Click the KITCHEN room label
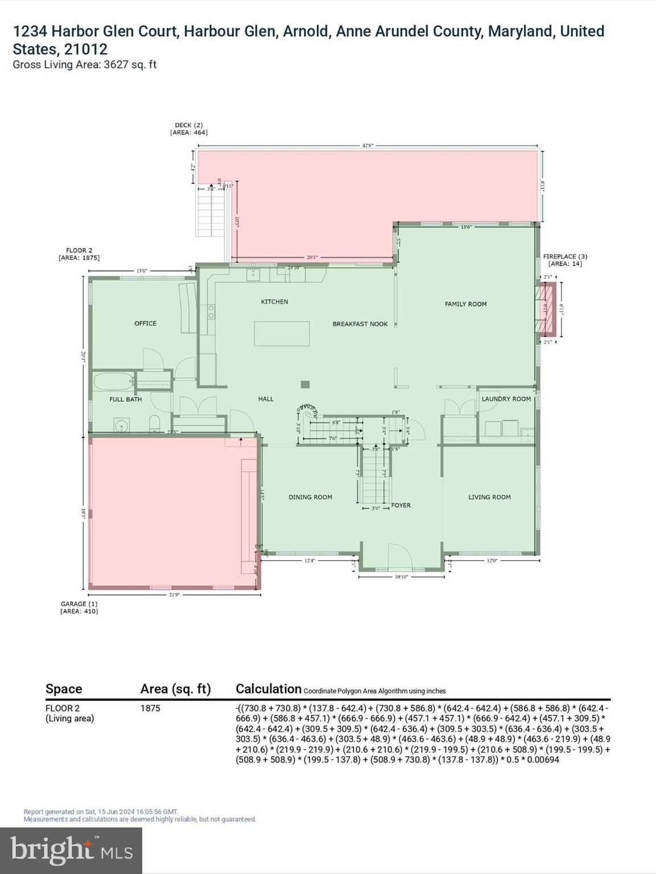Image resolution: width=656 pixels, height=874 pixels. [x=274, y=302]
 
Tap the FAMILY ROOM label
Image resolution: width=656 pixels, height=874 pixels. [x=465, y=304]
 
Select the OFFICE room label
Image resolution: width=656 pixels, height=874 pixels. [x=145, y=323]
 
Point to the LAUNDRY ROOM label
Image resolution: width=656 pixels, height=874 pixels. [x=506, y=399]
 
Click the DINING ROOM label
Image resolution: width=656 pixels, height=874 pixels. [x=310, y=497]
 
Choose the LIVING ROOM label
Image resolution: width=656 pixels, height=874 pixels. [x=489, y=497]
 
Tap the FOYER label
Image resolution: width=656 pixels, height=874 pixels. [x=401, y=505]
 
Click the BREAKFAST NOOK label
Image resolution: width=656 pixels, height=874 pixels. [x=360, y=324]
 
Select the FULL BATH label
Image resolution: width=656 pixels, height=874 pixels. [x=125, y=399]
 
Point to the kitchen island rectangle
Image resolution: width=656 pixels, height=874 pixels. [x=282, y=333]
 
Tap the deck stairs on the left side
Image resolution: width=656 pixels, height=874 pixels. [x=212, y=212]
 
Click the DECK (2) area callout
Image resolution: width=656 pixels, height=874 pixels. [x=188, y=129]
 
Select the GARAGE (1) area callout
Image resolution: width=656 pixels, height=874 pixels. [x=79, y=607]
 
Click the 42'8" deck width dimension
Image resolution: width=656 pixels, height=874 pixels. [x=368, y=146]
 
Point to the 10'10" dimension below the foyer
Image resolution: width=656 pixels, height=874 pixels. [x=401, y=577]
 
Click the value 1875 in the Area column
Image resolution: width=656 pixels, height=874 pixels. [x=150, y=708]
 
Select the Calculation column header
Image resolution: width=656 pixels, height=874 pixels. [x=268, y=689]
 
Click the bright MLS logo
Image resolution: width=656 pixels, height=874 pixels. [x=71, y=850]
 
